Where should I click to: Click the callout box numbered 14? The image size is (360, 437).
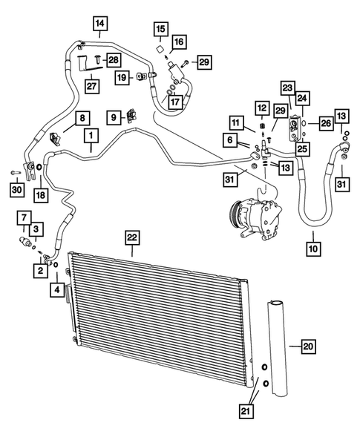[100, 24]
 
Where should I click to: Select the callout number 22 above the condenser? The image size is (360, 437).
[132, 237]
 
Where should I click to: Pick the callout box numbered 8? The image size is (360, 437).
[82, 117]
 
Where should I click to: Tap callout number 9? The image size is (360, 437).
[115, 116]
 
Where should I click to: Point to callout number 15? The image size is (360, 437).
[160, 30]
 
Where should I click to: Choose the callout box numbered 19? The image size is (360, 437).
[121, 76]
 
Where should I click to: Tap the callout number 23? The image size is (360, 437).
[287, 87]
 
